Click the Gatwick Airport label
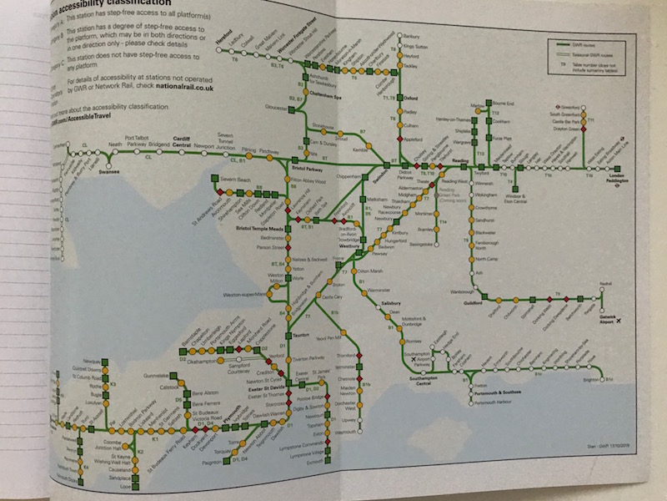pos(612,321)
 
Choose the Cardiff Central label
pos(183,142)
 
